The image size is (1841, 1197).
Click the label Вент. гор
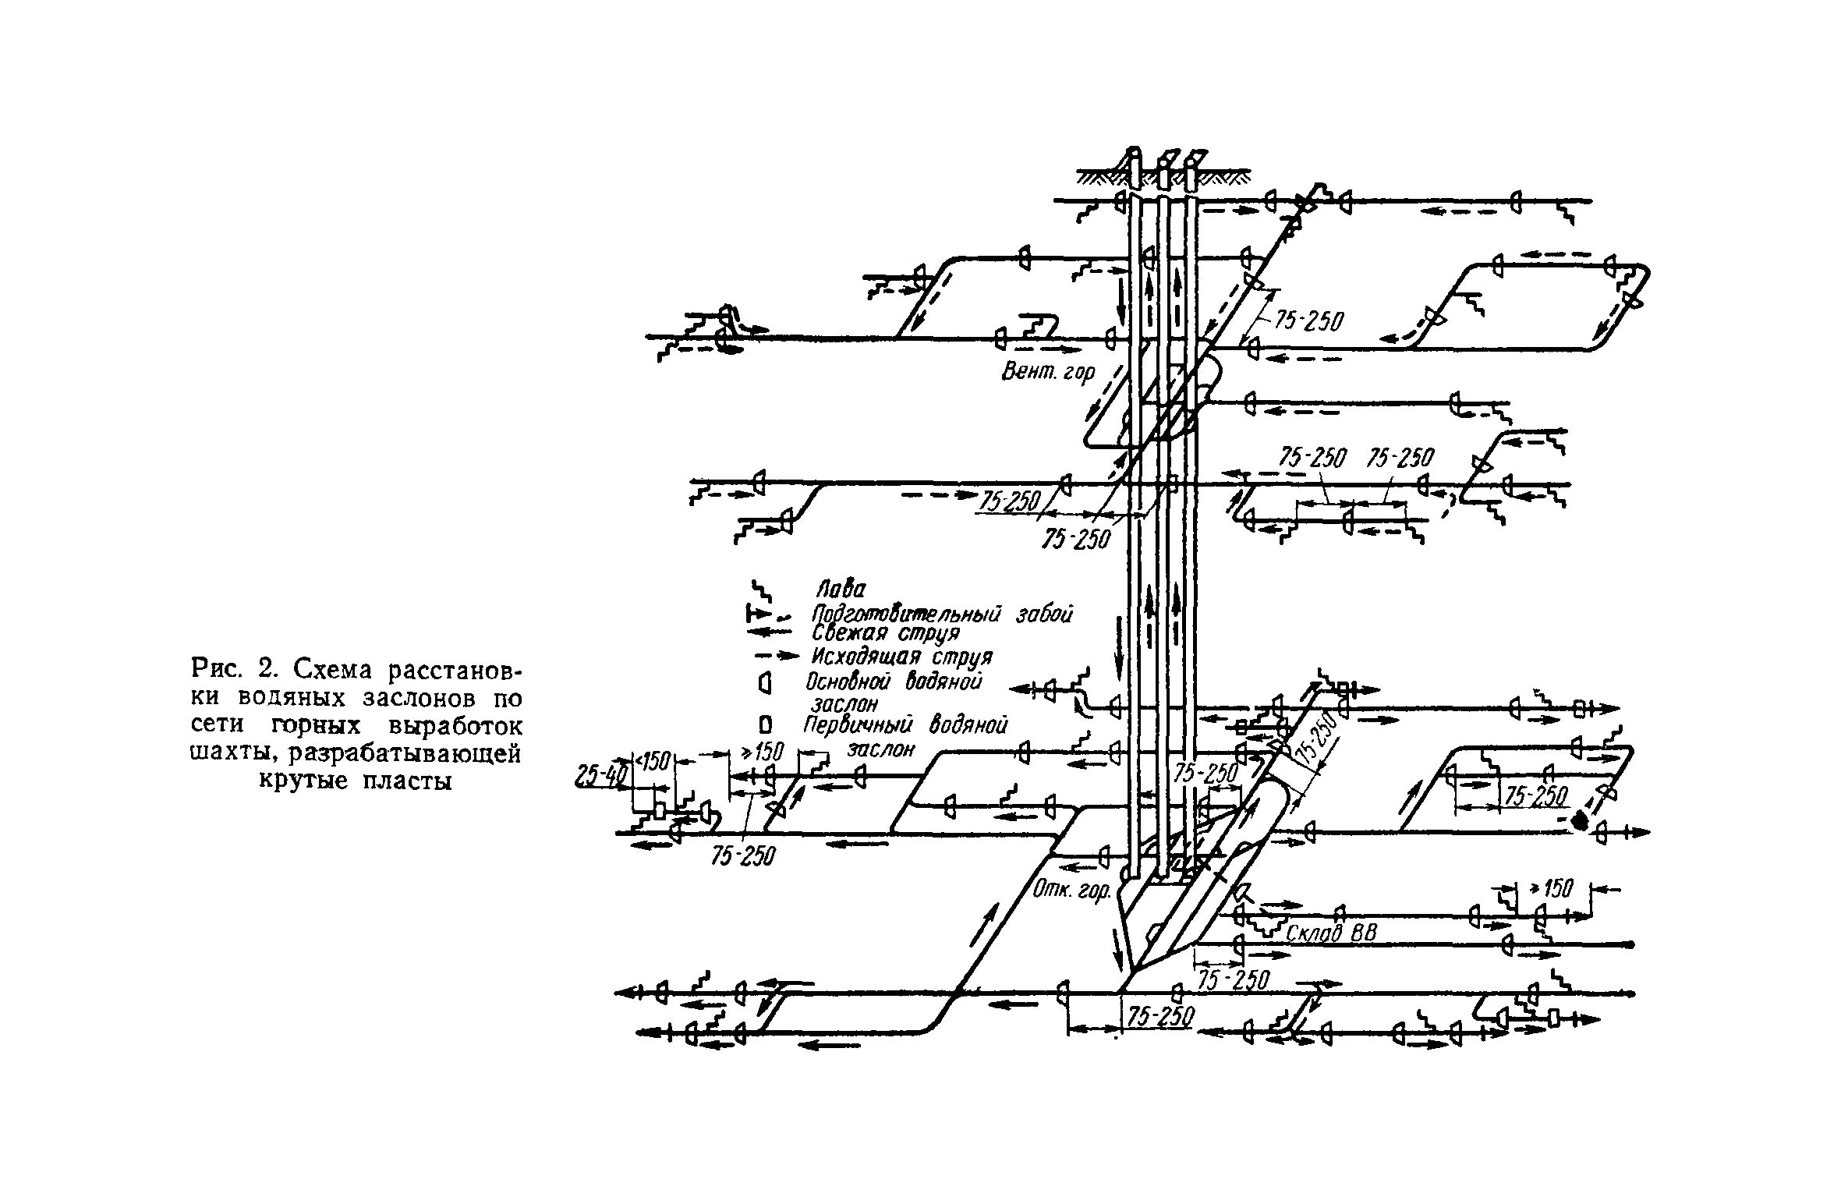click(x=1048, y=373)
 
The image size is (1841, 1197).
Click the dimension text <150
click(x=654, y=760)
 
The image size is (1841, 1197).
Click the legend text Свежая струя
click(x=884, y=632)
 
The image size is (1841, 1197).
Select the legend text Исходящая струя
click(x=901, y=656)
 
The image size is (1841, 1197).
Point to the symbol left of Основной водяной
click(x=764, y=685)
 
